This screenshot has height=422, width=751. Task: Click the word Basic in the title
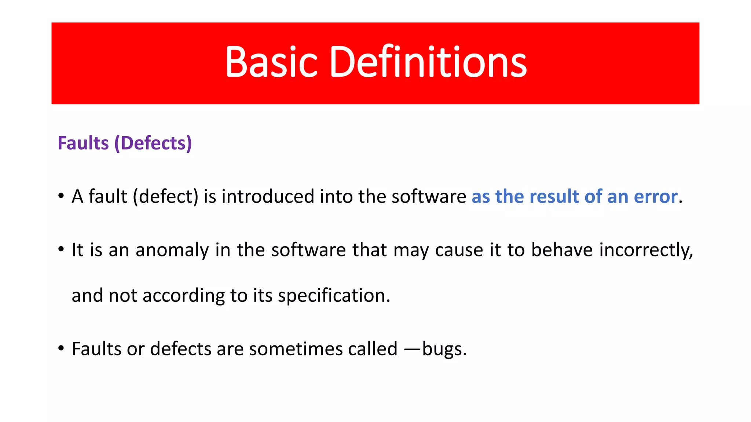271,62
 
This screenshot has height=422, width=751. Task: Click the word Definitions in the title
428,62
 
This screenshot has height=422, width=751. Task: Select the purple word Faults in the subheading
83,143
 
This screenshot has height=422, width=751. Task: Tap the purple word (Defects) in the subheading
153,143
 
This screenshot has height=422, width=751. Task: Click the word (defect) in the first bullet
165,197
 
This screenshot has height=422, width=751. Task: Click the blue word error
655,197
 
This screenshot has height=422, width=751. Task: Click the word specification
334,296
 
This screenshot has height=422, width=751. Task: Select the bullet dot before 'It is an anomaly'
61,249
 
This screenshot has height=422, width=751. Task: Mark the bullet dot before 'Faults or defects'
61,348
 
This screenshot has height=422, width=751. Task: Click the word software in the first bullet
429,197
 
